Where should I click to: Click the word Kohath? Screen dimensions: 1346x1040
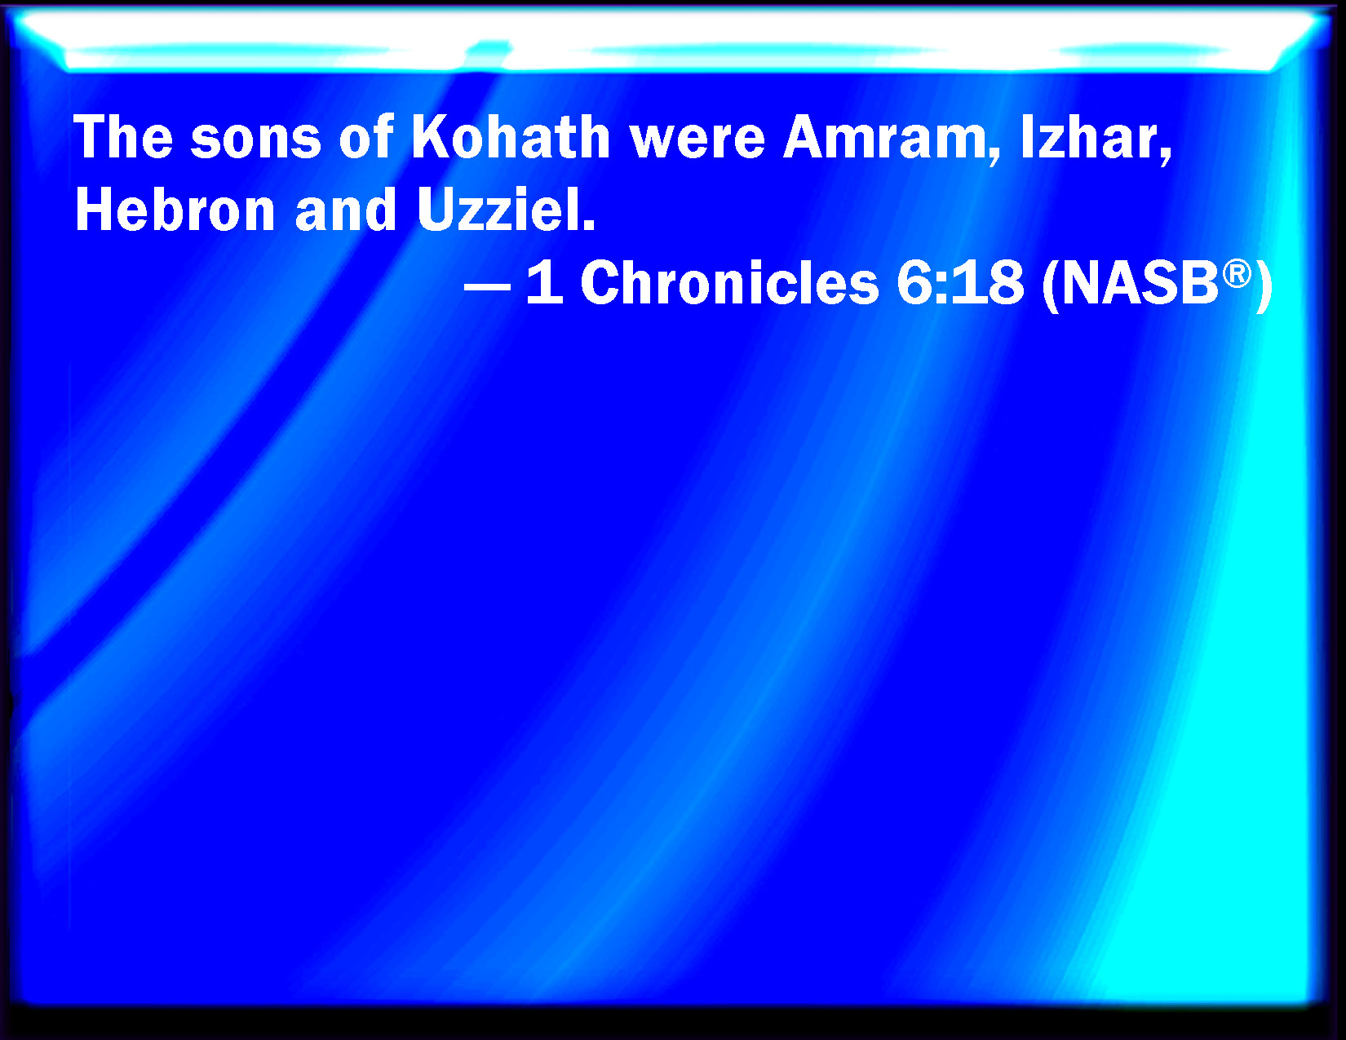tap(511, 137)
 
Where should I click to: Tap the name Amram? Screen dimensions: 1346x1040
tap(884, 137)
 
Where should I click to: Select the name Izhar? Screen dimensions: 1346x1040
tap(1089, 137)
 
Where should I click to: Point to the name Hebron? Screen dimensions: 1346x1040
tap(175, 210)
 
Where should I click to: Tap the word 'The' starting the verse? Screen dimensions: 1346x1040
tap(123, 137)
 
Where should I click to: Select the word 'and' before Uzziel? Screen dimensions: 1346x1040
tap(346, 210)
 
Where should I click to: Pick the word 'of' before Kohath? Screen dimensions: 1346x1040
tap(366, 137)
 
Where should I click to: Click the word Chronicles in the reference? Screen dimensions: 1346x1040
tap(729, 282)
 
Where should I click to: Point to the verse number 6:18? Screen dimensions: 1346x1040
tap(960, 282)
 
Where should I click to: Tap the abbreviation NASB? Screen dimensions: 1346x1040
tap(1140, 282)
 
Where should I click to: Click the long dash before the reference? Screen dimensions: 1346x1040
tap(488, 287)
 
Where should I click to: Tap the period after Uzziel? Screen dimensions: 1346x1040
tap(589, 225)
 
